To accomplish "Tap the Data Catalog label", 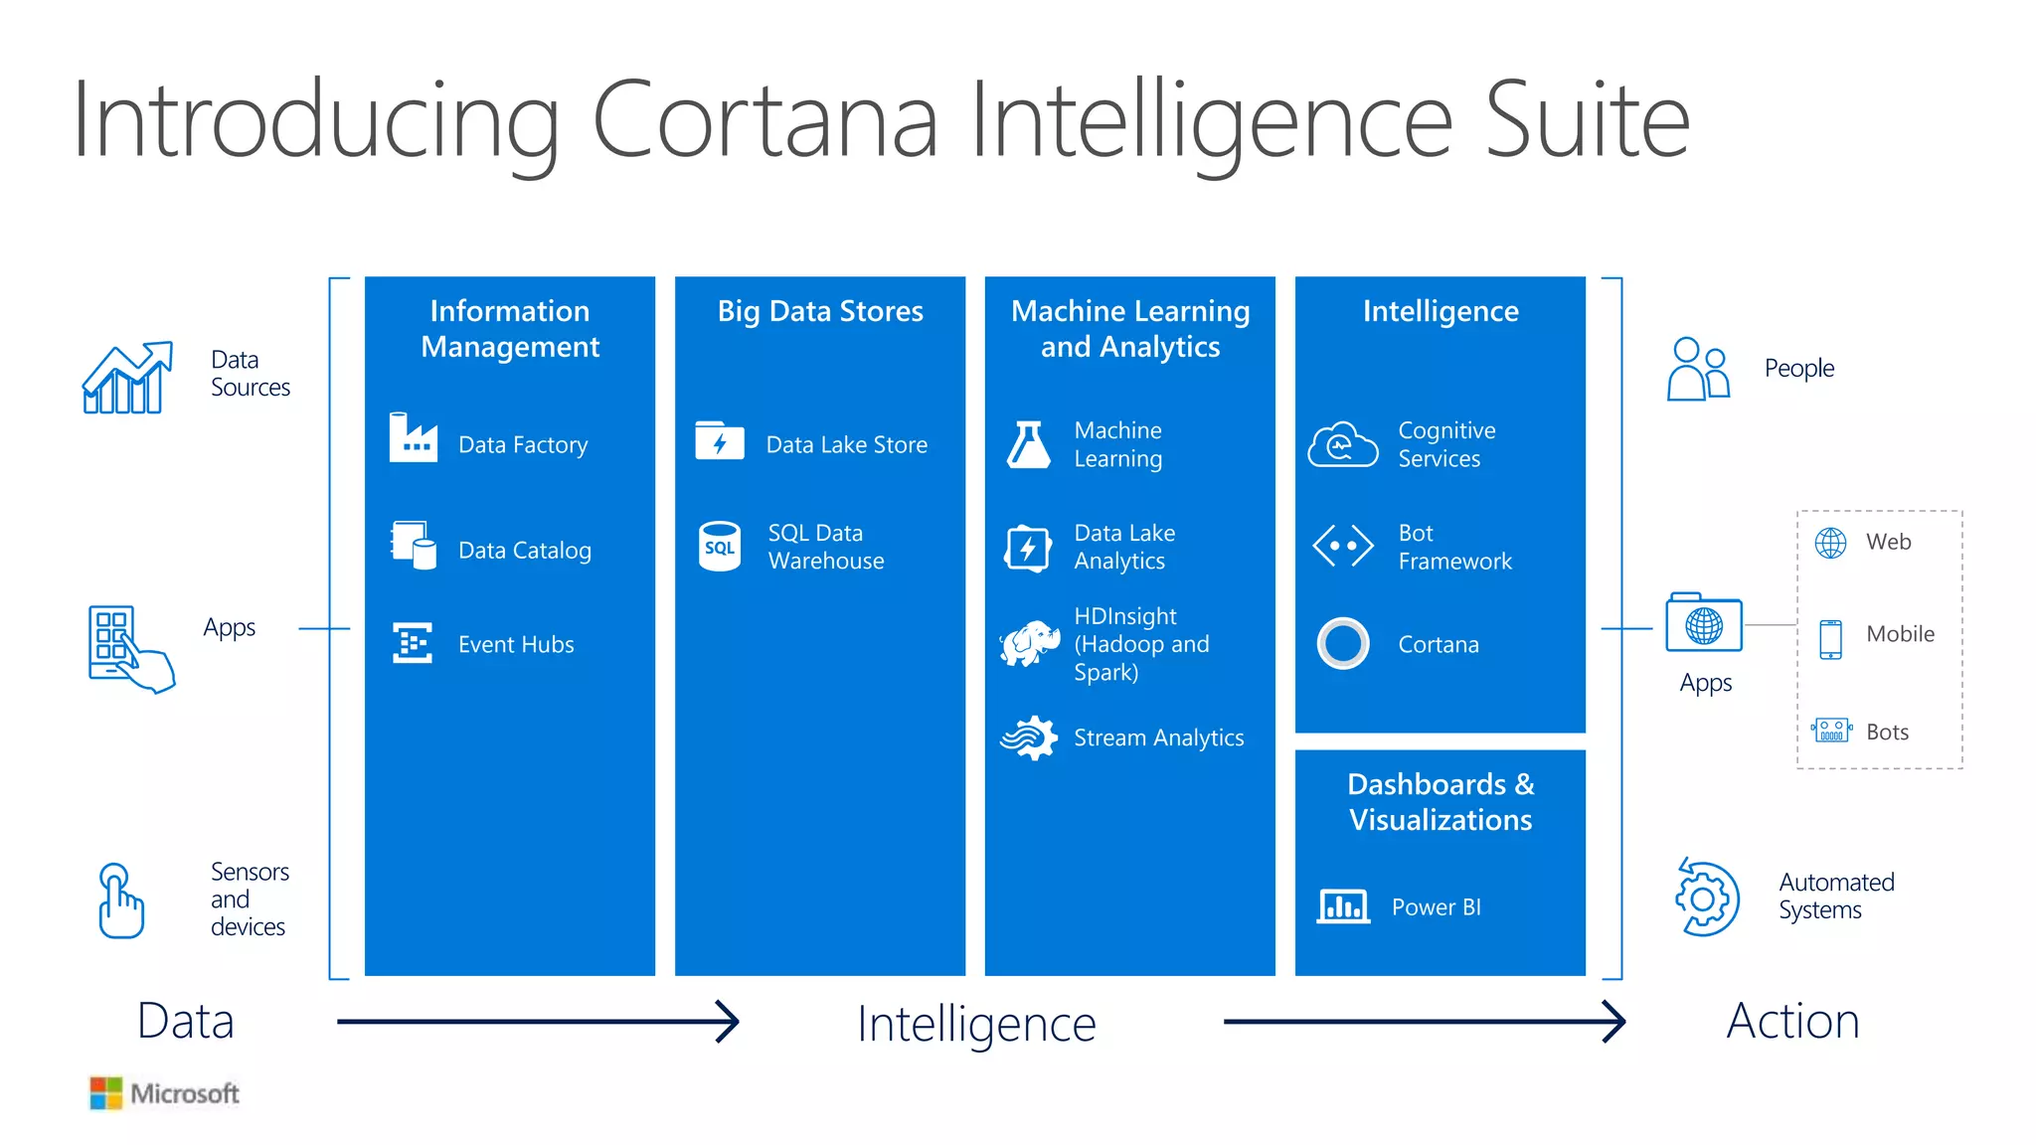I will point(524,550).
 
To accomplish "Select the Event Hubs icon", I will point(412,643).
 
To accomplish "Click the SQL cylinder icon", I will point(719,547).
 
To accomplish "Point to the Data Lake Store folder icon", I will point(719,440).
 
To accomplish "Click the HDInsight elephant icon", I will point(1029,643).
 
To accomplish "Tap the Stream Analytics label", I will point(1158,737).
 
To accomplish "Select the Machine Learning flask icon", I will point(1028,444).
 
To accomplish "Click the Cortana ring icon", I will point(1342,643).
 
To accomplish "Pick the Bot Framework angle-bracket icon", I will point(1342,546).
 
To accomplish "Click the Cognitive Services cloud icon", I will point(1342,444).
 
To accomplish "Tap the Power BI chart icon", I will point(1342,905).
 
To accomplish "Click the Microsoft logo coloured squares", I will point(105,1092).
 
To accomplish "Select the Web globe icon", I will point(1830,543).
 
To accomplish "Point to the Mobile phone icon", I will point(1830,638).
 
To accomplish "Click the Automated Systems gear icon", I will point(1706,898).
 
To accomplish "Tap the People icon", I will point(1698,369).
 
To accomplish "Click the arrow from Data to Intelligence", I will point(537,1021).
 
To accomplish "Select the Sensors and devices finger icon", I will point(120,900).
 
